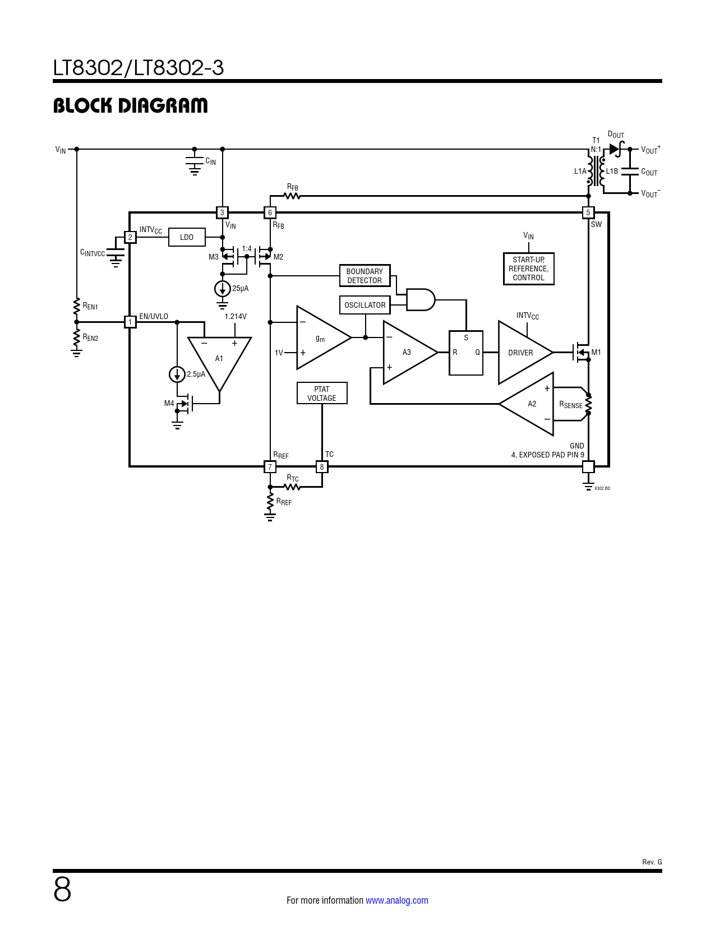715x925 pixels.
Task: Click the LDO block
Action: [187, 237]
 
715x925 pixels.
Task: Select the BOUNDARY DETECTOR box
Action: [365, 276]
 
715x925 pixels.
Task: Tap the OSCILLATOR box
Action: [365, 305]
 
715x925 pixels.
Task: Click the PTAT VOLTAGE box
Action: [322, 394]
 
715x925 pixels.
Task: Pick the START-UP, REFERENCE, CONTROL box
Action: [528, 269]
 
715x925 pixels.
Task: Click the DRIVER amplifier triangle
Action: [525, 353]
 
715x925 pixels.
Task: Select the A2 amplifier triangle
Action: [527, 404]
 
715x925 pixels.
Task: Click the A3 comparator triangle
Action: [410, 353]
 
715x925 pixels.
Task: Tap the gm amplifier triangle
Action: [324, 337]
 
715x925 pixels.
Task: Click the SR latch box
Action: [466, 353]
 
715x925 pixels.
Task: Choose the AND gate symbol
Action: [421, 300]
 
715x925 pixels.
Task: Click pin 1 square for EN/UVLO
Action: [130, 322]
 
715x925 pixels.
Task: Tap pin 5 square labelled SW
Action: [588, 212]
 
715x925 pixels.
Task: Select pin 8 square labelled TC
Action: [321, 467]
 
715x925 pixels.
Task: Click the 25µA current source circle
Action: [222, 289]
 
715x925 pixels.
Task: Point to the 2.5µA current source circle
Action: [177, 374]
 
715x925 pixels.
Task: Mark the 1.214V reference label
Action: [236, 316]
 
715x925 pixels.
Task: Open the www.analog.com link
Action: [397, 900]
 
